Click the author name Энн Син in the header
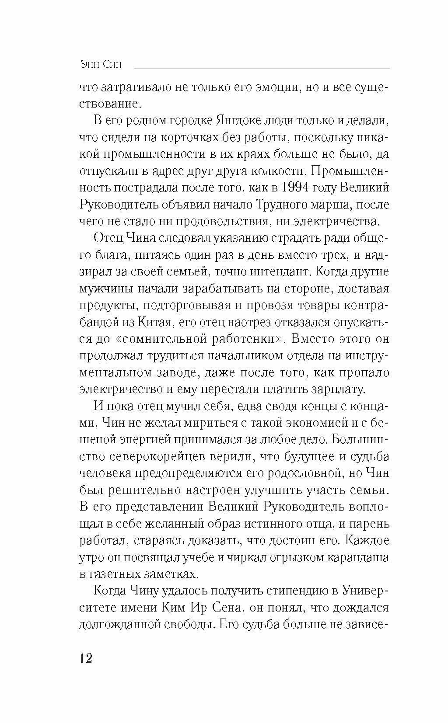[x=101, y=65]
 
